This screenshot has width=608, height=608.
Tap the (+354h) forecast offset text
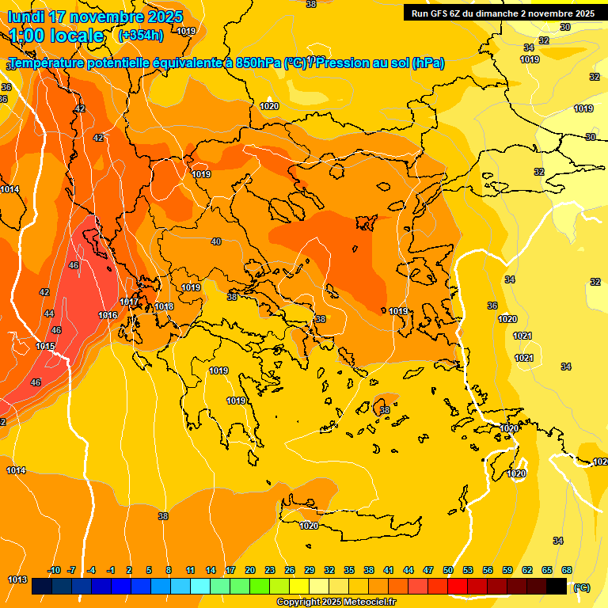(140, 35)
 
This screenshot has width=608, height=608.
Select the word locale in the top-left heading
(76, 36)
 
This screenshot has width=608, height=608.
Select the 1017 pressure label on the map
(129, 302)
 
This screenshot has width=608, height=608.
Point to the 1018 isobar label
(164, 306)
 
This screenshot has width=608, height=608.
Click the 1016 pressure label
(108, 316)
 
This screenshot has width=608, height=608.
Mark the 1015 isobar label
(45, 346)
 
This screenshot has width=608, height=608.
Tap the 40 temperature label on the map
(216, 241)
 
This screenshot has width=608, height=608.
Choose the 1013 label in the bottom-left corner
(17, 579)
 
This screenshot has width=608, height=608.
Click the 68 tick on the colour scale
(567, 570)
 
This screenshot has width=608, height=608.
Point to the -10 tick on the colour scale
(54, 570)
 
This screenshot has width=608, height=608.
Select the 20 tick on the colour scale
(250, 570)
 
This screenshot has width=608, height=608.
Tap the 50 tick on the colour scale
(448, 570)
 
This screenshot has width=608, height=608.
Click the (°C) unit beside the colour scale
(582, 587)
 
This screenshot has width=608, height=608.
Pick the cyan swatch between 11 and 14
(200, 586)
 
